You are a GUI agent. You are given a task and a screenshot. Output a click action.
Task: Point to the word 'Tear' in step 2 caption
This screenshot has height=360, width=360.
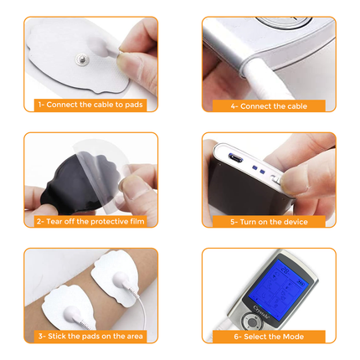(x=55, y=222)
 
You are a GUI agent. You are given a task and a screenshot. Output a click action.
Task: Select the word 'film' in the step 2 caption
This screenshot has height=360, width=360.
(x=131, y=222)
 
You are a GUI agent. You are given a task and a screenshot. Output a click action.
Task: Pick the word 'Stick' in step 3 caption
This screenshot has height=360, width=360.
(x=56, y=337)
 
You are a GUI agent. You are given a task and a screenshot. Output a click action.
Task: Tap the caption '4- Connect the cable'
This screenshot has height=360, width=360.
(x=268, y=105)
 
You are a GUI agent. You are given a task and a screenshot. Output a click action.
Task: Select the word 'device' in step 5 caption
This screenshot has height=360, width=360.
(x=296, y=222)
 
